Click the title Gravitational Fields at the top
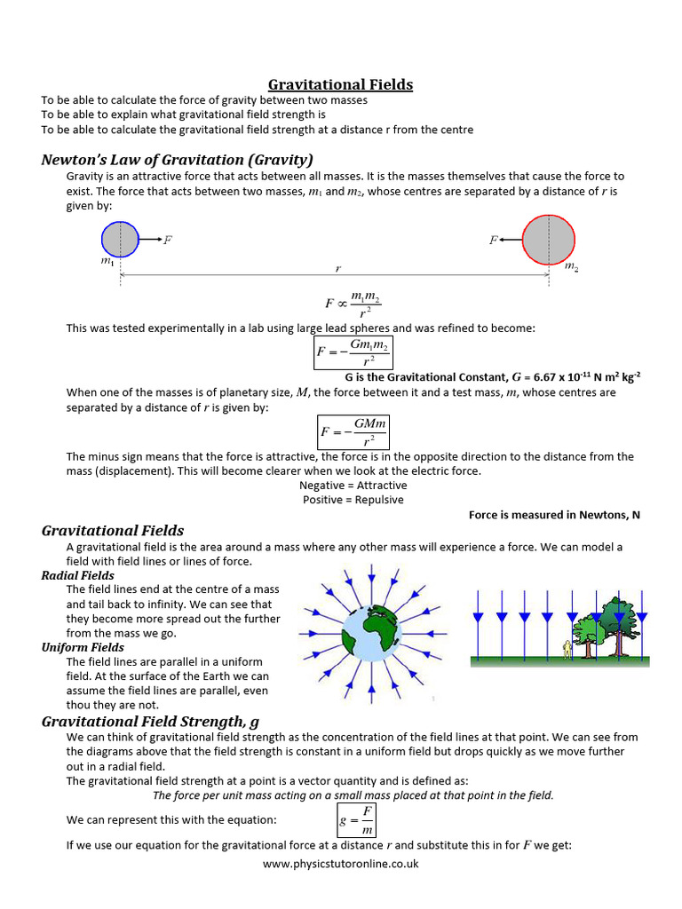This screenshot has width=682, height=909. coord(341,84)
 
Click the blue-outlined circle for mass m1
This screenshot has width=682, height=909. coord(120,240)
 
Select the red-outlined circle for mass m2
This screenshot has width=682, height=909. coord(549,240)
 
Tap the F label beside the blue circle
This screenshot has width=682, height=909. coord(169,240)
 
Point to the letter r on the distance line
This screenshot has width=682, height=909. coord(337,267)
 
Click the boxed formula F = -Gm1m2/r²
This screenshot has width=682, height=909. coord(353,352)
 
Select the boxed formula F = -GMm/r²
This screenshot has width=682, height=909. coord(353,432)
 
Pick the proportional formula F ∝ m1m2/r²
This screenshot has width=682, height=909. coord(353,304)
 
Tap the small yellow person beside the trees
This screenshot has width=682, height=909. coord(567,648)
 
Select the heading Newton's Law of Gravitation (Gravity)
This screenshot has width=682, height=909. coord(177,160)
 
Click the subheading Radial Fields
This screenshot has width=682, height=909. coord(77,575)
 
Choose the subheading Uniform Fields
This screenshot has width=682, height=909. coord(83,647)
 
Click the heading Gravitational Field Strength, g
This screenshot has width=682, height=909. coord(150,721)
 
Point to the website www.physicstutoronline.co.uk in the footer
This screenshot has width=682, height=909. coord(341,863)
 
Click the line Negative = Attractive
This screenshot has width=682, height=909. coord(353,486)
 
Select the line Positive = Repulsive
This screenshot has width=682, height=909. coord(353,500)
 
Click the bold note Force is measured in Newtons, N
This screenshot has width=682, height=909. coord(554,515)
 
